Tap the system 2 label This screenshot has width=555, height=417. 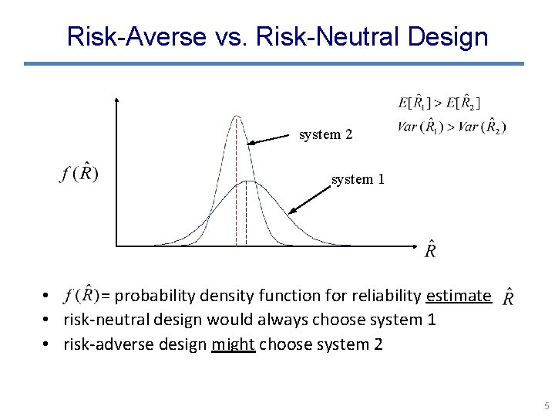(x=325, y=134)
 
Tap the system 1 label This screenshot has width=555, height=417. (x=358, y=179)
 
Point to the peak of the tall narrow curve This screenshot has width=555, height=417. (x=237, y=116)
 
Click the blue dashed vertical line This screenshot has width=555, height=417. (x=246, y=216)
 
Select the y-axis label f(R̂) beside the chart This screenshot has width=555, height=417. (x=78, y=172)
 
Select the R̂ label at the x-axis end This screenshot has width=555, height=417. (x=430, y=250)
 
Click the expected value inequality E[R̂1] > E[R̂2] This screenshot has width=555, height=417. (x=439, y=102)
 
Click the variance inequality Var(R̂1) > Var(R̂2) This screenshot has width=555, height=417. (x=452, y=127)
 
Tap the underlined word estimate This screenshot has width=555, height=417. (x=458, y=296)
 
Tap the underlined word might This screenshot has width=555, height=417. (x=233, y=344)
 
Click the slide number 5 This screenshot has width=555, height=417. (x=545, y=405)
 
